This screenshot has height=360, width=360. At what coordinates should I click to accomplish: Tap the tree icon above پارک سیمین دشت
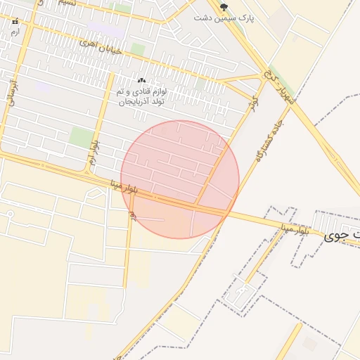point(224,7)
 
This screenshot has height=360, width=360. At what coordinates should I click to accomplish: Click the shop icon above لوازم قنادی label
point(141,82)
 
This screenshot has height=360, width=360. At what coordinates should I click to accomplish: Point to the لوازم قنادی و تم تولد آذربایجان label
point(145,97)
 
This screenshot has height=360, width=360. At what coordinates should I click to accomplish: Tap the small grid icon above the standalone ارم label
point(15,22)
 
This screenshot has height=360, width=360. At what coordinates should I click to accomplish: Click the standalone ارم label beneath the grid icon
point(15,32)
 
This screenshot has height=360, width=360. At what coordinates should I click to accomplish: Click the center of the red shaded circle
point(180,179)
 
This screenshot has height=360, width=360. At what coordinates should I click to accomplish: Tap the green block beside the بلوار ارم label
point(82,137)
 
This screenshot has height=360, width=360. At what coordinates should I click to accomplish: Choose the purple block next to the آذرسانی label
point(42,86)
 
